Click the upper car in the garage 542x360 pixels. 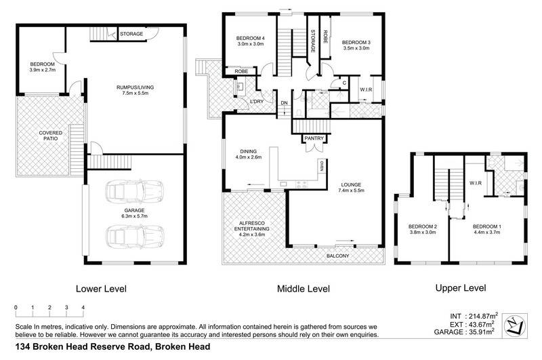[x=135, y=192]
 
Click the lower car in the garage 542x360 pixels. [x=135, y=237]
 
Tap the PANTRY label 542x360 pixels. [x=314, y=139]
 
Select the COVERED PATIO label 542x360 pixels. [x=50, y=136]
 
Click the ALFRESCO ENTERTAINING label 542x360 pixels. [x=253, y=226]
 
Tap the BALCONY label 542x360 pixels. [x=337, y=256]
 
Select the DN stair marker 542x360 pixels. [x=285, y=103]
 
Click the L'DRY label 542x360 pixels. [x=257, y=102]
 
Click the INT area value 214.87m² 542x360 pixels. [x=484, y=315]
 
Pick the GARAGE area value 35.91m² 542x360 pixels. [x=484, y=333]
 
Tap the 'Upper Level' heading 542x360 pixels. [x=460, y=288]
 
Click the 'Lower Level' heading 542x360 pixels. [x=101, y=288]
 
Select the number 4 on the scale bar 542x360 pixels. [x=83, y=307]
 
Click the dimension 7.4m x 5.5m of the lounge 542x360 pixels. [x=352, y=191]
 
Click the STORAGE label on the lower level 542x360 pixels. [x=131, y=33]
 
